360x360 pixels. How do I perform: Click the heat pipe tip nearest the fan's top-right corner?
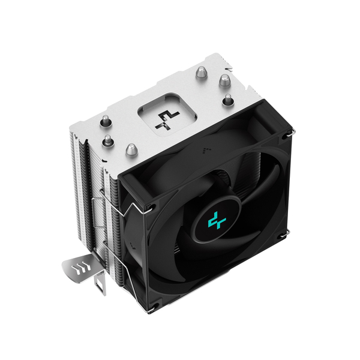point(227,100)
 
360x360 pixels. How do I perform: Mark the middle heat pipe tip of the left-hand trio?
point(108,142)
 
